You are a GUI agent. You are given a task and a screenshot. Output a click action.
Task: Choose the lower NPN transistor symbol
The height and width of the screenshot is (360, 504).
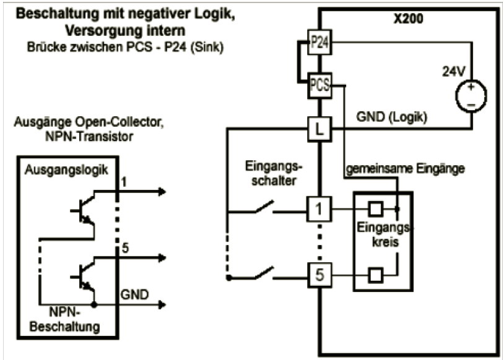pos(85,275)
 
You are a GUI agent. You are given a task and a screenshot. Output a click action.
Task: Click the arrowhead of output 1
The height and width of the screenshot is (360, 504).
pos(162,191)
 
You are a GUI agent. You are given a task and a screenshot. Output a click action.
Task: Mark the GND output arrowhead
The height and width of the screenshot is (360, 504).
pos(162,304)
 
